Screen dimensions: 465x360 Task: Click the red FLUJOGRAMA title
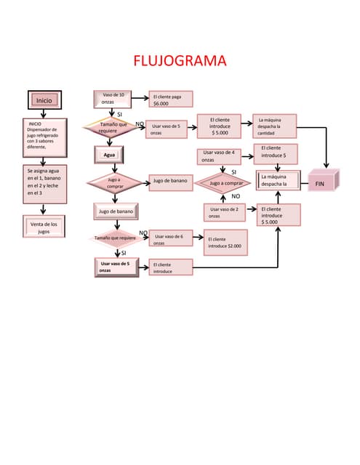click(179, 60)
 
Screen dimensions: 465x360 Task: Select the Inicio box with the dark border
click(44, 100)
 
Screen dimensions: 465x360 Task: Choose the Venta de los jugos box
click(45, 227)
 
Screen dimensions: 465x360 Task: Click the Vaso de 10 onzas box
click(112, 100)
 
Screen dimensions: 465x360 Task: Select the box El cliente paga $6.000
click(171, 100)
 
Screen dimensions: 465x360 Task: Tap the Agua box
click(110, 155)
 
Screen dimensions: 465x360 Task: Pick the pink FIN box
click(321, 184)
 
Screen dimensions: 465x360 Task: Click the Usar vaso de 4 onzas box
click(217, 156)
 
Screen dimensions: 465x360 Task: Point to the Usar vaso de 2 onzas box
click(224, 212)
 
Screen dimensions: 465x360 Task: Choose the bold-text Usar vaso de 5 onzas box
click(115, 267)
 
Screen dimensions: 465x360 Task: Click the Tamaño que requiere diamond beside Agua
click(113, 128)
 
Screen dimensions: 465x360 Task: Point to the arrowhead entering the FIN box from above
click(325, 166)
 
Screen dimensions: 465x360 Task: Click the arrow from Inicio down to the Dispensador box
click(44, 113)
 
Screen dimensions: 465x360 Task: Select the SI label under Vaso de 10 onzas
click(119, 115)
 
